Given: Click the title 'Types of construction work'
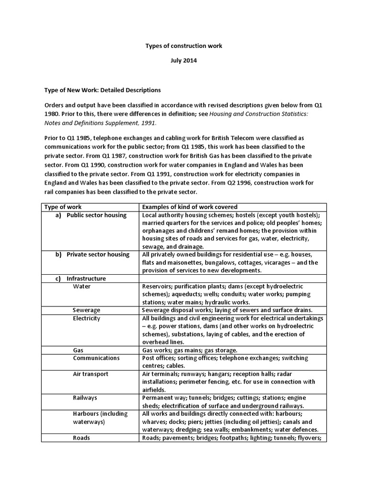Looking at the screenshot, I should pyautogui.click(x=184, y=46).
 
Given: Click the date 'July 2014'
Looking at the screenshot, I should pyautogui.click(x=184, y=61).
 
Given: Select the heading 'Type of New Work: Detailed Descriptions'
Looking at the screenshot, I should pyautogui.click(x=103, y=90).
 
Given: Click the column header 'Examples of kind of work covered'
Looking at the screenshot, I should pyautogui.click(x=190, y=207).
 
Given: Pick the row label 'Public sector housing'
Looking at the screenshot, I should pyautogui.click(x=96, y=215).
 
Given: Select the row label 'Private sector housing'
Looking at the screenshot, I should pyautogui.click(x=98, y=254).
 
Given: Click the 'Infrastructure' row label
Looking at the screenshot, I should pyautogui.click(x=86, y=278).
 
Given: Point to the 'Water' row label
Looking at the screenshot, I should pyautogui.click(x=82, y=286).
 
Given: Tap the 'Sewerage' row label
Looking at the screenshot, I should pyautogui.click(x=87, y=310).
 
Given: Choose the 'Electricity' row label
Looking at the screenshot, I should pyautogui.click(x=87, y=318).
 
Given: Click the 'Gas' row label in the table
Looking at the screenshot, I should pyautogui.click(x=78, y=350).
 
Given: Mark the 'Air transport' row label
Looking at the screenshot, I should pyautogui.click(x=91, y=374).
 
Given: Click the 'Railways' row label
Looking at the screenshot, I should pyautogui.click(x=85, y=397).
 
